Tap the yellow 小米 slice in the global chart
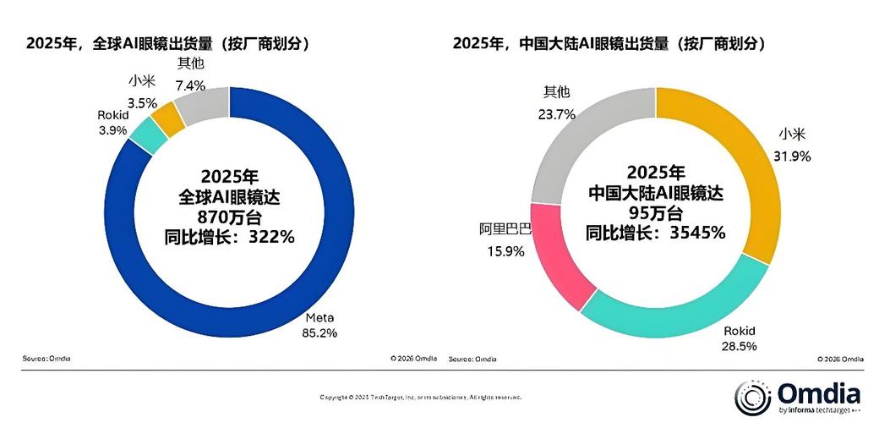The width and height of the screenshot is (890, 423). coord(167,118)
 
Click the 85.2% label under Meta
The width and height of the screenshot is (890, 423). coord(319,332)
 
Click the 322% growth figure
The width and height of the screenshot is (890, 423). coord(270,237)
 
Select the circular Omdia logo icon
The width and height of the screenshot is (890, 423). coord(753,398)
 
